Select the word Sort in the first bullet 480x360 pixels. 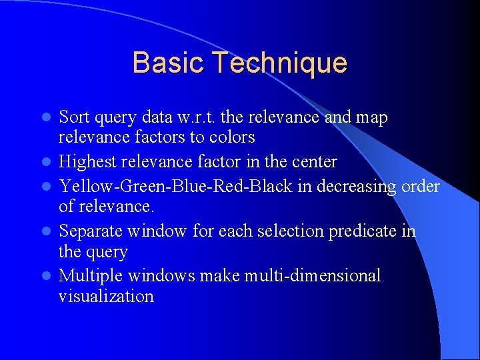[x=74, y=117]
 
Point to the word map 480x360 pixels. [x=371, y=118]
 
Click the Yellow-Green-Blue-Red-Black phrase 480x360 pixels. [x=176, y=186]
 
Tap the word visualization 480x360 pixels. [x=106, y=296]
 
